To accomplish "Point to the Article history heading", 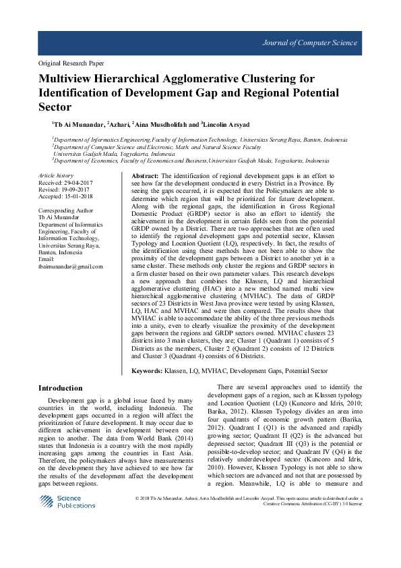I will pyautogui.click(x=55, y=175).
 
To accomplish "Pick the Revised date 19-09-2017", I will pyautogui.click(x=73, y=189).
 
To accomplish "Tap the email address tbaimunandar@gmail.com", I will pyautogui.click(x=71, y=266).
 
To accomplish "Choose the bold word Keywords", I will pyautogui.click(x=147, y=371).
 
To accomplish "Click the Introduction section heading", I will pyautogui.click(x=61, y=388).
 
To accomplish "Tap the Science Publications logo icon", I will pyautogui.click(x=47, y=501).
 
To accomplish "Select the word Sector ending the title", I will pyautogui.click(x=55, y=107).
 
